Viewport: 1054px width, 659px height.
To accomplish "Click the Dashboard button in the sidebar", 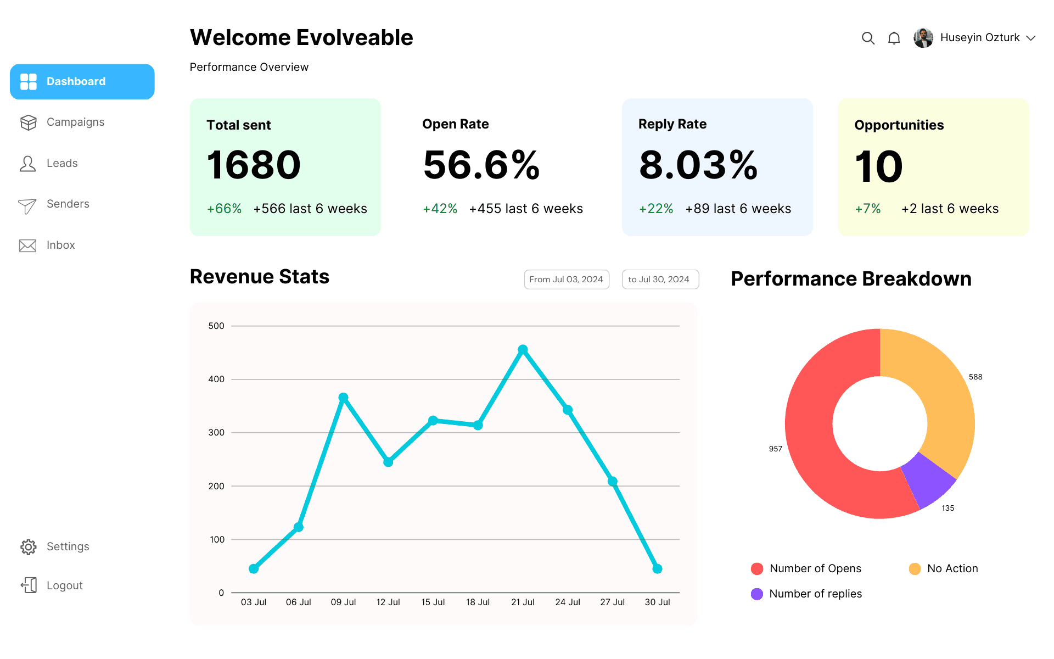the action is click(82, 82).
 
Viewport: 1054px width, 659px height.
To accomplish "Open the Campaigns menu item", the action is click(75, 122).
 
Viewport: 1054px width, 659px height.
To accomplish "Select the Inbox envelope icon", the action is click(27, 245).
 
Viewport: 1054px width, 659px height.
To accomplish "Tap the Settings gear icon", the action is click(28, 547).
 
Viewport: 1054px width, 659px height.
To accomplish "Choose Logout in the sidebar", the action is click(64, 585).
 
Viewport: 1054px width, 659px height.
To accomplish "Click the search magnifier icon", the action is click(868, 38).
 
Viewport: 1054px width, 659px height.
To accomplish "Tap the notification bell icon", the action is click(894, 38).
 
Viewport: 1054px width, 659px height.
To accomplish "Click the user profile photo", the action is click(923, 38).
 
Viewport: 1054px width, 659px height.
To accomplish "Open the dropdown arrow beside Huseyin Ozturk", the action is click(1031, 38).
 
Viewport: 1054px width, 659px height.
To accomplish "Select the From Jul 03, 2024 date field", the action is click(567, 280).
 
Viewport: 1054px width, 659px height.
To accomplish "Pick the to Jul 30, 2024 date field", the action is click(660, 280).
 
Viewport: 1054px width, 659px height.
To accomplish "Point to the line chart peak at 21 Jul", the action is click(523, 350).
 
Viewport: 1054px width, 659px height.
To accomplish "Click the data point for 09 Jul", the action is click(344, 398).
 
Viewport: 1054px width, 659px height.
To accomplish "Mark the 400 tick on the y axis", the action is click(216, 379).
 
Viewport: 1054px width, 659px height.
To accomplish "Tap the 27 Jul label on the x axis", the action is click(613, 602).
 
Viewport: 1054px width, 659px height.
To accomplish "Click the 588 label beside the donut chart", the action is click(975, 377).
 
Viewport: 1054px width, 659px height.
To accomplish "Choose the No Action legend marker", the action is click(915, 569).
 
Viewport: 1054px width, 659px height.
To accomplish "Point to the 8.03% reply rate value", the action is click(698, 165).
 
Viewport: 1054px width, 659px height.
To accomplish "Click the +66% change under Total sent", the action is click(224, 209).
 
